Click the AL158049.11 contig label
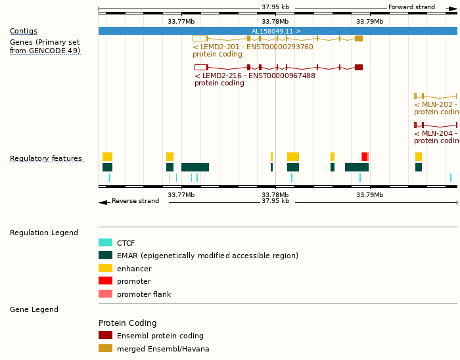click(276, 31)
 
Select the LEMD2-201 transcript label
click(252, 47)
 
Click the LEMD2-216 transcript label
click(254, 76)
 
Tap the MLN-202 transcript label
click(436, 104)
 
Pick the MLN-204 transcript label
click(436, 133)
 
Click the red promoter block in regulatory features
click(364, 156)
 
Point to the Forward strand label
click(411, 7)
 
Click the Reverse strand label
click(135, 201)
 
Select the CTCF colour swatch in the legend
click(105, 243)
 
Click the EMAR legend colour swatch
click(105, 256)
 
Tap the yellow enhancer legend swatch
click(105, 268)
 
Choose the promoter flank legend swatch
click(105, 294)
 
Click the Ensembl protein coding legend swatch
click(105, 335)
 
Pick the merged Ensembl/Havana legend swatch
click(105, 348)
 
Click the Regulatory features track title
click(46, 158)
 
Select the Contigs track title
click(24, 31)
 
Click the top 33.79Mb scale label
click(369, 21)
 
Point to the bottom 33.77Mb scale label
click(181, 194)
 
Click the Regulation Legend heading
click(44, 233)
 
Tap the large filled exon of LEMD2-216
click(359, 67)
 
